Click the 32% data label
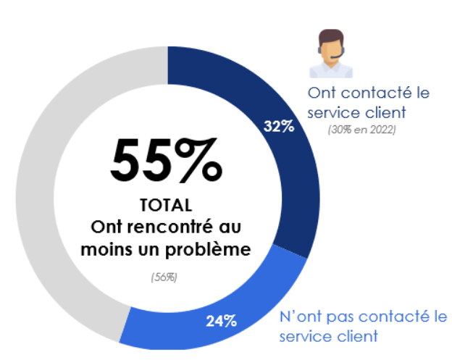(279, 127)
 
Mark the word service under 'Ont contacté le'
(331, 113)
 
